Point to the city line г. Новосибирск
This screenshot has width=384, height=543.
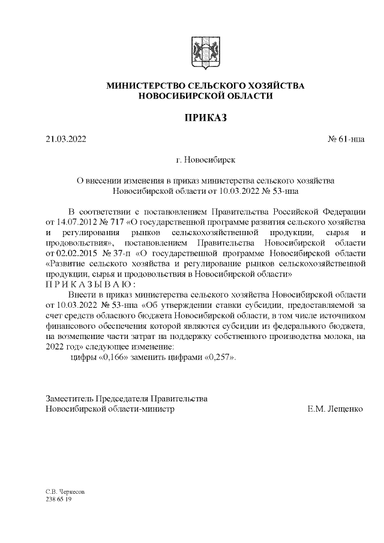(205, 161)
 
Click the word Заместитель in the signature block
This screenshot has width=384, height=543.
(73, 398)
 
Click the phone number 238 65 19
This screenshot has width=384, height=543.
(59, 499)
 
